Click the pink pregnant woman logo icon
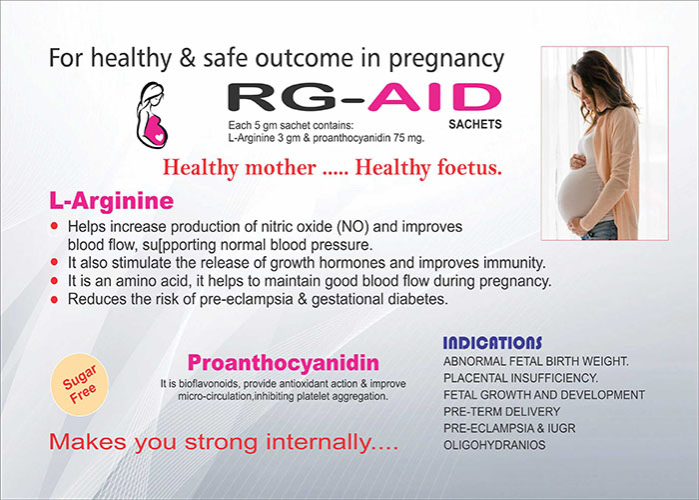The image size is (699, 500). tap(152, 116)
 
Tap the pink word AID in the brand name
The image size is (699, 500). tap(434, 97)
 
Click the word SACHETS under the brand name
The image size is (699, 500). tap(475, 124)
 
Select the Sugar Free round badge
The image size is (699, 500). tap(80, 384)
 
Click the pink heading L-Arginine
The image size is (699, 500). tap(112, 201)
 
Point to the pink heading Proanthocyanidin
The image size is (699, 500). tap(283, 362)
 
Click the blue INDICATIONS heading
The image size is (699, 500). tap(492, 343)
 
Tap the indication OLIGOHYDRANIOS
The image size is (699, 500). tap(494, 445)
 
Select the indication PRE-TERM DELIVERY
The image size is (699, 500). tap(501, 411)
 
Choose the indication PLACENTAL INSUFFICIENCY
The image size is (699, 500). tap(520, 378)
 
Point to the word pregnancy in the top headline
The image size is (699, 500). tap(446, 60)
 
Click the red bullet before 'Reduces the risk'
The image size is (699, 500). tap(54, 300)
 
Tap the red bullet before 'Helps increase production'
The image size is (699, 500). tap(54, 226)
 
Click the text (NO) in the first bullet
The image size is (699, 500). tap(353, 227)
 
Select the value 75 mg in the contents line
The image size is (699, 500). tap(408, 138)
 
